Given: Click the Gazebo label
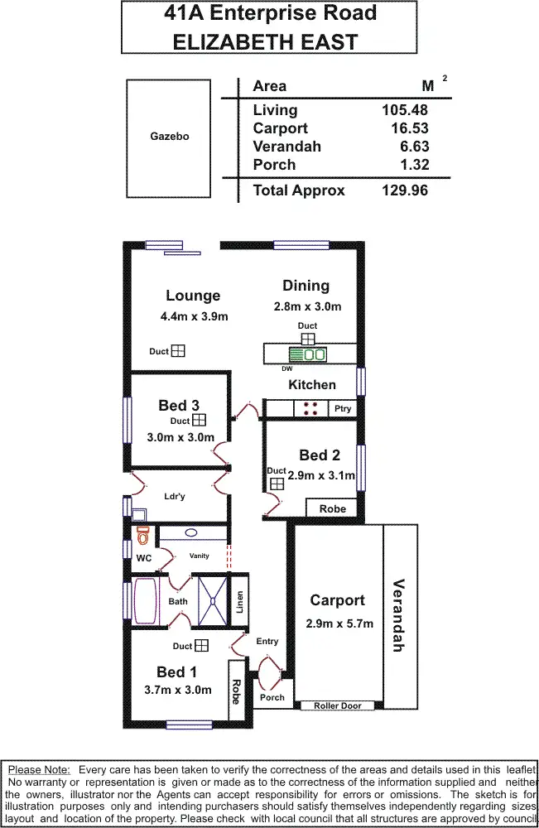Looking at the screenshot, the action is [x=170, y=137].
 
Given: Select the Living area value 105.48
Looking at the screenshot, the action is [x=405, y=110].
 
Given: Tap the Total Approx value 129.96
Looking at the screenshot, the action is [x=405, y=190].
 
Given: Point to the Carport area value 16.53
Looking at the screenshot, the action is [x=410, y=128].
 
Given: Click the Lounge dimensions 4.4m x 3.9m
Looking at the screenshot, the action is [x=195, y=316].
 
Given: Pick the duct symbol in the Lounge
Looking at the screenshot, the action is [x=179, y=350].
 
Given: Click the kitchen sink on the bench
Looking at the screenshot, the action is [x=308, y=354].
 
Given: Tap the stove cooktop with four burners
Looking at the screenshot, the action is [x=310, y=408].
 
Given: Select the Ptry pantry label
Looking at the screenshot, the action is [x=343, y=409].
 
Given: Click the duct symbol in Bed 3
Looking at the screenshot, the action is [x=199, y=420].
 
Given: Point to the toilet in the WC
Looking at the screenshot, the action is [x=142, y=536].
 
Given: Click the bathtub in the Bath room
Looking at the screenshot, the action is [x=145, y=601].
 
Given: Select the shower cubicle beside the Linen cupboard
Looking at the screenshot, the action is [x=213, y=601].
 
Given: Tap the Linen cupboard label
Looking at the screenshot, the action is [x=239, y=602].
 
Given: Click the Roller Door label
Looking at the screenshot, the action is [x=337, y=705].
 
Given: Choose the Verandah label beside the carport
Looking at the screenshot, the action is [x=398, y=615].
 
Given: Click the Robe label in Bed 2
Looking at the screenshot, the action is [x=333, y=508].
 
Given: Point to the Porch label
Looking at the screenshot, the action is [x=272, y=697].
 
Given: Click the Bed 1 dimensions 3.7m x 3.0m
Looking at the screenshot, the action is [x=178, y=690].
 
